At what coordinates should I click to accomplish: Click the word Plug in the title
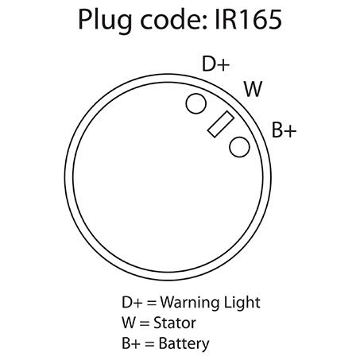[x=105, y=21]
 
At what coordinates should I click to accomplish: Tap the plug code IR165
[x=248, y=20]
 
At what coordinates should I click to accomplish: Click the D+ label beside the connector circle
[x=215, y=64]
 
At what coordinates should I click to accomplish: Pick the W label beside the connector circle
[x=253, y=89]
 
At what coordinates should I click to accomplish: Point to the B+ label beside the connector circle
[x=284, y=130]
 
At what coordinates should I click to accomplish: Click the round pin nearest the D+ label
[x=196, y=103]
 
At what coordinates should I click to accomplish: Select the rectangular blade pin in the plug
[x=221, y=124]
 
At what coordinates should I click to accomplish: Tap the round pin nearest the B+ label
[x=239, y=147]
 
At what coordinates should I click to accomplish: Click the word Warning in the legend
[x=190, y=303]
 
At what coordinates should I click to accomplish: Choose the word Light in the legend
[x=242, y=303]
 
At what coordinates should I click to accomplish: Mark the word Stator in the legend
[x=175, y=323]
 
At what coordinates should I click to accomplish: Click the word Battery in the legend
[x=184, y=343]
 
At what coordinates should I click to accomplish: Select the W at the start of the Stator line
[x=129, y=323]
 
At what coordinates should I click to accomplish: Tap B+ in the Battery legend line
[x=131, y=343]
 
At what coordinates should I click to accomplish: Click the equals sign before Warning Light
[x=151, y=303]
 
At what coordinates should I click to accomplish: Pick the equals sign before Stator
[x=145, y=323]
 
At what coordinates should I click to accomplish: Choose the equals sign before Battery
[x=149, y=343]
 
